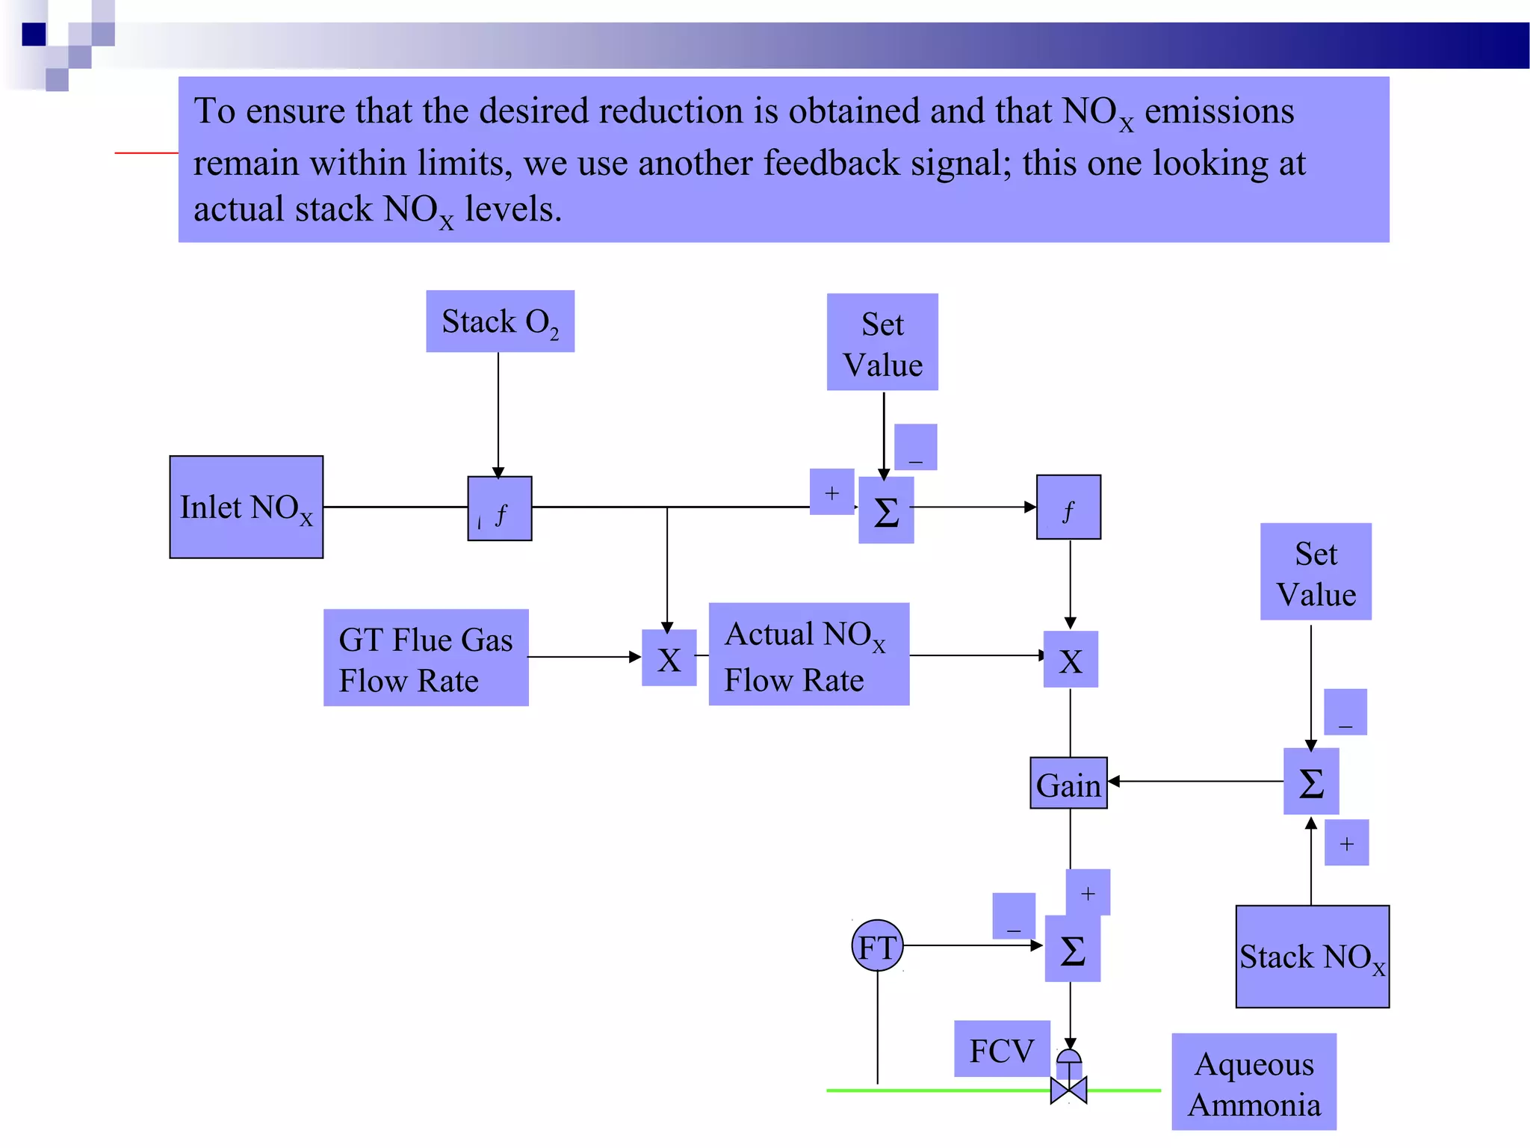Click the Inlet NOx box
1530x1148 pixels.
click(x=246, y=507)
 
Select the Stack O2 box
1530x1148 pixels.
click(x=500, y=321)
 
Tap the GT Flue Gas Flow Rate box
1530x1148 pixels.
click(x=426, y=658)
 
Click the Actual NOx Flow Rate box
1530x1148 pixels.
click(x=808, y=655)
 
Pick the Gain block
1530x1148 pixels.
click(x=1068, y=783)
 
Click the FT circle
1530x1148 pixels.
click(x=877, y=945)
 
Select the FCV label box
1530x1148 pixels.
click(x=1002, y=1049)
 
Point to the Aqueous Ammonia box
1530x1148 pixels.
click(x=1254, y=1081)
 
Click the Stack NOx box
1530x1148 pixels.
click(x=1312, y=957)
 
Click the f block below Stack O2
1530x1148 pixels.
click(x=500, y=508)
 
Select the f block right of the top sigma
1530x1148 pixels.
click(x=1068, y=507)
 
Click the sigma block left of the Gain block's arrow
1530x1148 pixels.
click(x=1311, y=782)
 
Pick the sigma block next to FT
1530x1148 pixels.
click(x=1072, y=949)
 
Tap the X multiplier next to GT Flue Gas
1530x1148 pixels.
click(x=669, y=658)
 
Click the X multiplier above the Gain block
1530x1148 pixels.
click(x=1071, y=659)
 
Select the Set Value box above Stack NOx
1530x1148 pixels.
click(x=1316, y=572)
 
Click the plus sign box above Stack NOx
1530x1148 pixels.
click(x=1346, y=843)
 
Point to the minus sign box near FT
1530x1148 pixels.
click(x=1014, y=916)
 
